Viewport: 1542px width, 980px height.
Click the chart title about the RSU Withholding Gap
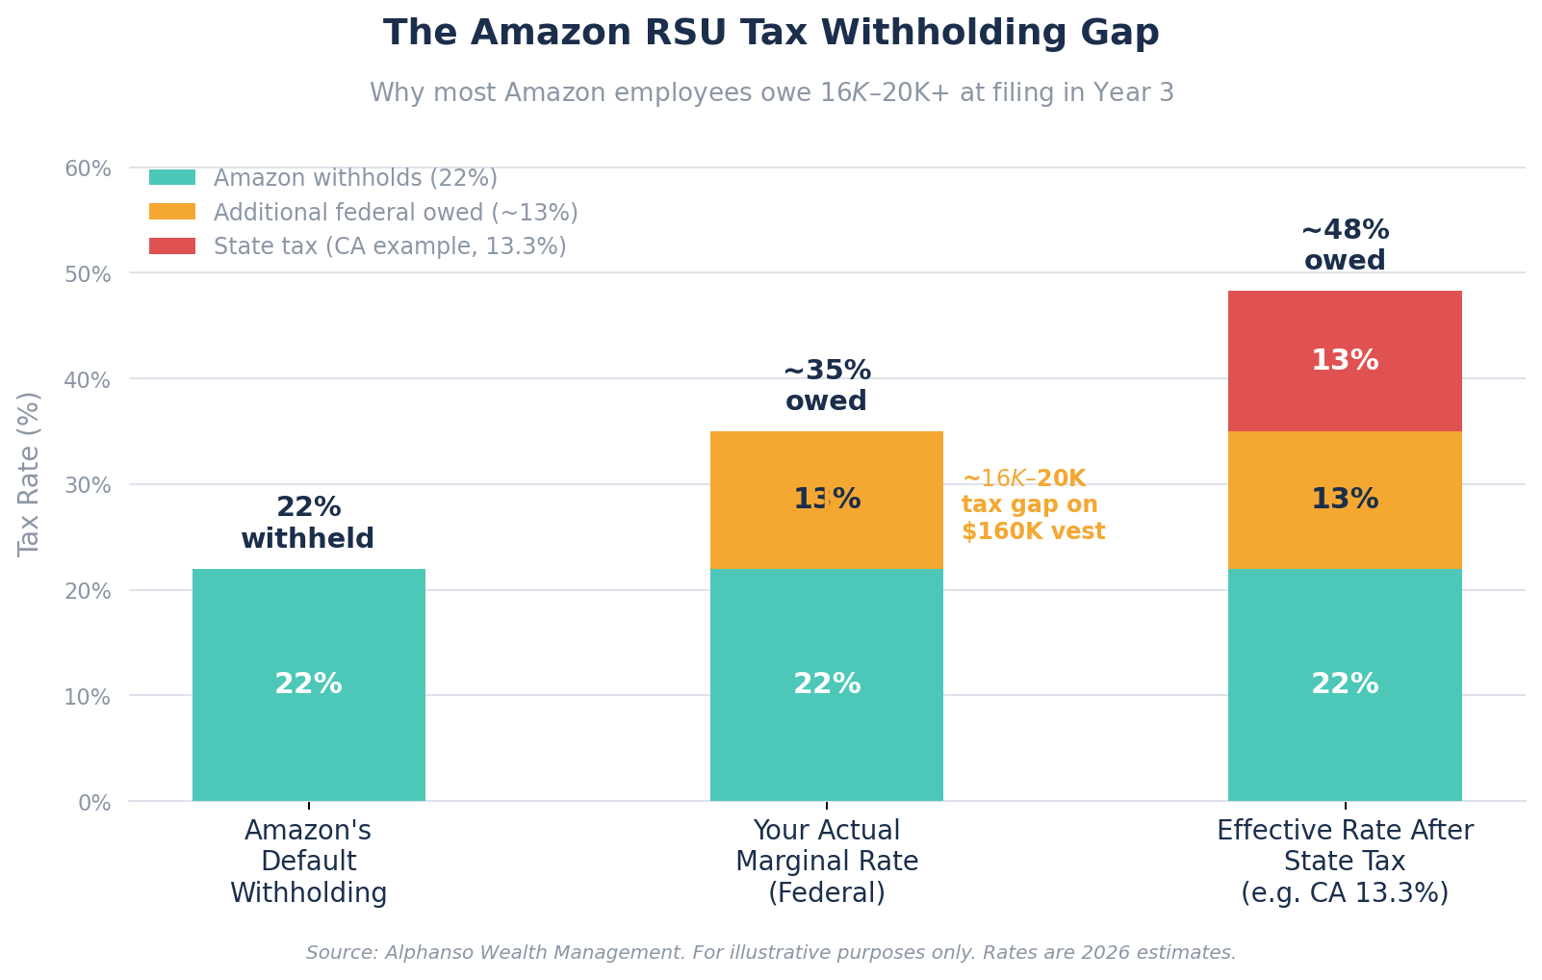coord(771,33)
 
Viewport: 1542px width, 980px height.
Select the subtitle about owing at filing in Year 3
coord(771,93)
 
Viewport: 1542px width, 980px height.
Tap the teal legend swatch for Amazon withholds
coord(172,178)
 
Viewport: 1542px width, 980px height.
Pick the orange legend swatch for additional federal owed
coord(172,212)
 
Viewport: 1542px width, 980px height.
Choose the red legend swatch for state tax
coord(172,246)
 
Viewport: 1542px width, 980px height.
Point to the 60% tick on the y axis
coord(88,169)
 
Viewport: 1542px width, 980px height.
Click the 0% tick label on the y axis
coord(93,802)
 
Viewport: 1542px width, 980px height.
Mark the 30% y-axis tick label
coord(88,485)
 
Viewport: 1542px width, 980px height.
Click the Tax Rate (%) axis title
coord(30,474)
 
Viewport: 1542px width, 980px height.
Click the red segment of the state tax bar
coord(1345,361)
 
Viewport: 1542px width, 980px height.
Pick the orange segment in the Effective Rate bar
coord(1345,500)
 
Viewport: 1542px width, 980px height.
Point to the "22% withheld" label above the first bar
coord(308,523)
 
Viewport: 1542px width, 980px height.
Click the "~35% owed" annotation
coord(826,386)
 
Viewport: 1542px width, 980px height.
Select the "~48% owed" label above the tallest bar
coord(1345,245)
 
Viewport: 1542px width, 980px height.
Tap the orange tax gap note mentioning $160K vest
coord(1033,505)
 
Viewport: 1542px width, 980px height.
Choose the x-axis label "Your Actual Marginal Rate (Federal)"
coord(826,862)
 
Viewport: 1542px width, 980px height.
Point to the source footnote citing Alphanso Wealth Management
coord(771,953)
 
